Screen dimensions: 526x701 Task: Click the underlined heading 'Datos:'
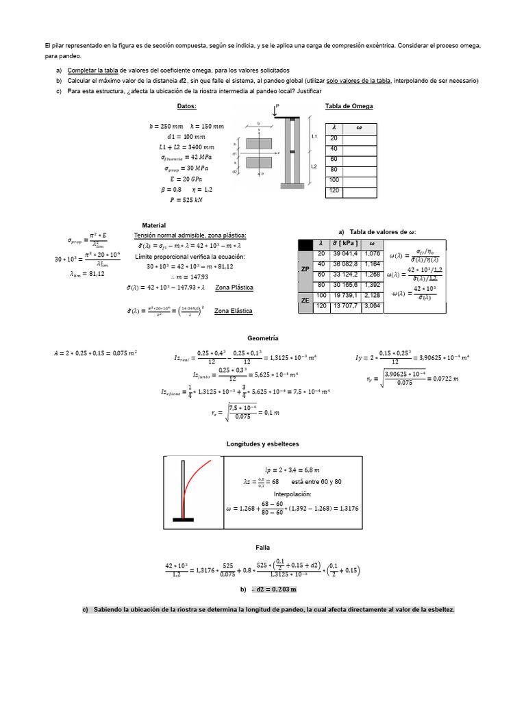[x=186, y=106]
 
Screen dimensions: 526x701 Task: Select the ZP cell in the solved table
[x=305, y=269]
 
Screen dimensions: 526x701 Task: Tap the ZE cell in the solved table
[x=305, y=300]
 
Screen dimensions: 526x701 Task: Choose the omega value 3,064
[x=371, y=306]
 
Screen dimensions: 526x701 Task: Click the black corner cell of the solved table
[x=305, y=244]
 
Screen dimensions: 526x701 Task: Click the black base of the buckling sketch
[x=183, y=520]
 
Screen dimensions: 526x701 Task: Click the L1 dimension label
[x=314, y=136]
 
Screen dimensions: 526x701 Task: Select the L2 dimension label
[x=314, y=166]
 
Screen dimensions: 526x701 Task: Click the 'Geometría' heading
[x=262, y=338]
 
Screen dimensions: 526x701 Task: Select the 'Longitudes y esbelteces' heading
[x=262, y=444]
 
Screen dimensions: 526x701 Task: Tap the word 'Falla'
[x=263, y=547]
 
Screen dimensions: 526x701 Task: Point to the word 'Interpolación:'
[x=292, y=494]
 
